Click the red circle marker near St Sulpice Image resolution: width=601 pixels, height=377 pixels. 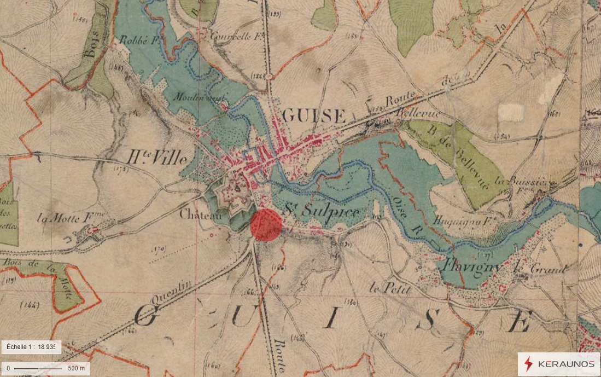tap(266, 225)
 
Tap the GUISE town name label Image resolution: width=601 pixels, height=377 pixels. tap(314, 116)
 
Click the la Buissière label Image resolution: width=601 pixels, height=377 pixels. tap(525, 181)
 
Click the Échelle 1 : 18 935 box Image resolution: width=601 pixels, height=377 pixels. tap(31, 347)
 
